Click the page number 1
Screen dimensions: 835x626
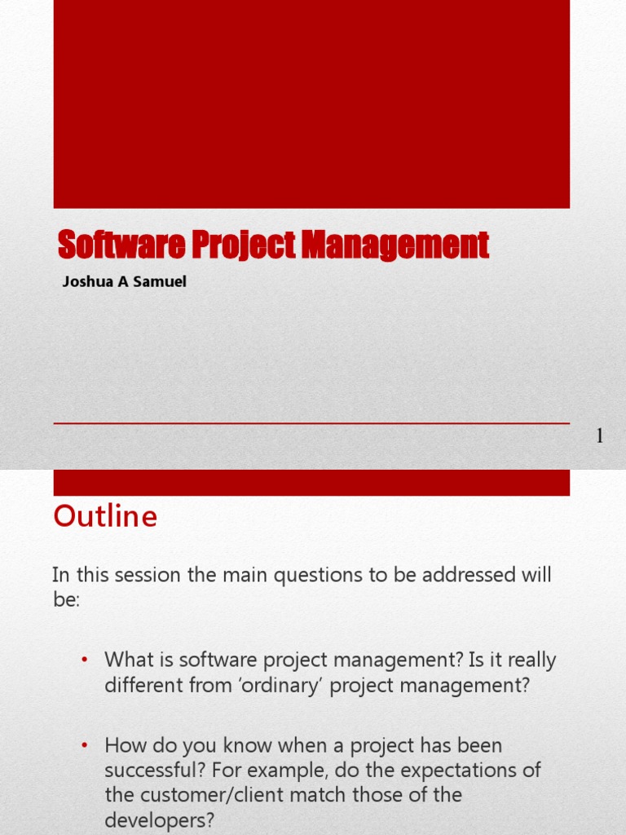click(600, 437)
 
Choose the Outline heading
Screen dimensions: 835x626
click(105, 517)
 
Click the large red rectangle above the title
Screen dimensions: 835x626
click(311, 104)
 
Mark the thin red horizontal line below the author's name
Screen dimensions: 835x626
click(311, 423)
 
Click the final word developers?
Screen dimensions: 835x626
click(159, 820)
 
